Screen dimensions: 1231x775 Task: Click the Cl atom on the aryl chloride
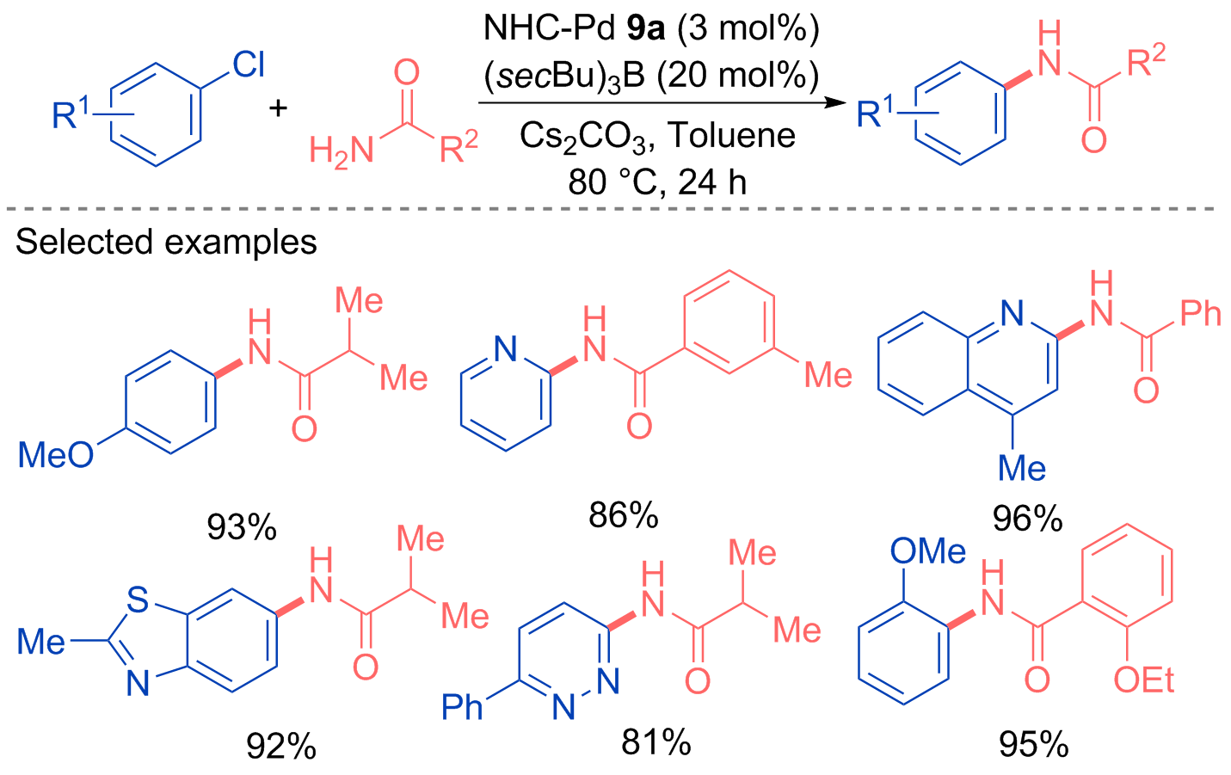pos(249,65)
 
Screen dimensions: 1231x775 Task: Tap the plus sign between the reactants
pos(278,108)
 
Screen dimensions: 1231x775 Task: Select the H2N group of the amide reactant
pos(342,150)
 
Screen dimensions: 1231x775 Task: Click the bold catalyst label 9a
pos(646,28)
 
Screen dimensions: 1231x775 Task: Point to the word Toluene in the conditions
pos(732,135)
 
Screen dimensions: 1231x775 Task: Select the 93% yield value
pos(242,527)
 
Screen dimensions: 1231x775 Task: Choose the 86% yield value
pos(623,515)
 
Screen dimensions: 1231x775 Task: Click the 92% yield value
pos(280,746)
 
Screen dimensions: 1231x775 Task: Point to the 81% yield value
pos(656,742)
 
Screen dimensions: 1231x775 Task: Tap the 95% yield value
pos(1034,745)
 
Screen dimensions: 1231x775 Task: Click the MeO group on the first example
pos(56,455)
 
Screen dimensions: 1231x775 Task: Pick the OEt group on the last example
pos(1143,680)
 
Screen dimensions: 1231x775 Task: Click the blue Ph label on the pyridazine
pos(462,707)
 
